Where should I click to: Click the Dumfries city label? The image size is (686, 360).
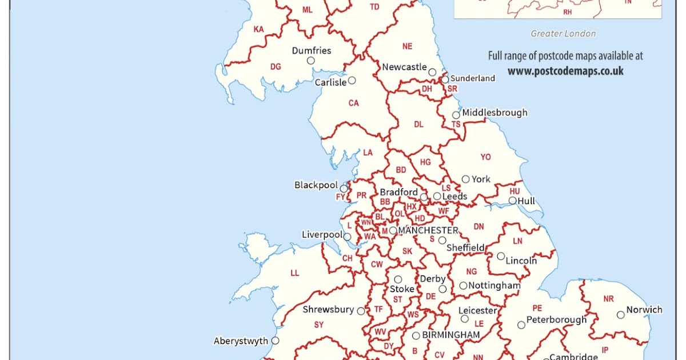coord(312,50)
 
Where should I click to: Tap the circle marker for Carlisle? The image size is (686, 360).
coord(352,81)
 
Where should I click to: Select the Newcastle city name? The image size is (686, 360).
coord(404,67)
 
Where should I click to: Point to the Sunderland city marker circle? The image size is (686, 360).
coord(445,79)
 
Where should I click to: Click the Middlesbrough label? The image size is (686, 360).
coord(494,113)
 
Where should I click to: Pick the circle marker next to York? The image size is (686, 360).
coord(466,179)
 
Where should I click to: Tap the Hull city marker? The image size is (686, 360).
coord(513,201)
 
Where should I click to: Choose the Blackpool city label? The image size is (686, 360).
coord(317,185)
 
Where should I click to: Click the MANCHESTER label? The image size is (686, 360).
coord(428,230)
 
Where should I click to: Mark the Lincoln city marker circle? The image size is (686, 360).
coord(501,256)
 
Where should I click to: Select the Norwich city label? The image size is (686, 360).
coord(644,310)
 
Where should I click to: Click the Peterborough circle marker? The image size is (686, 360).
coord(521,325)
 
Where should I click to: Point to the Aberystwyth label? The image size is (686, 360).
coord(241,341)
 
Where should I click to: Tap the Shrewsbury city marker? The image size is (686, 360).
coord(361,311)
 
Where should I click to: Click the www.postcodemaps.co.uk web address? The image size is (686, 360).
coord(565,71)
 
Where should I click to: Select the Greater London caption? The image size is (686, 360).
coord(563,34)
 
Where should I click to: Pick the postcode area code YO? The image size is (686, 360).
coord(486,157)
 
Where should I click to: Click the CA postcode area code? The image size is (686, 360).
coord(354,103)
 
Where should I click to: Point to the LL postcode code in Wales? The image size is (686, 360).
coord(295,273)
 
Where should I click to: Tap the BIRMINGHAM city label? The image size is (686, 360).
coord(451,335)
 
